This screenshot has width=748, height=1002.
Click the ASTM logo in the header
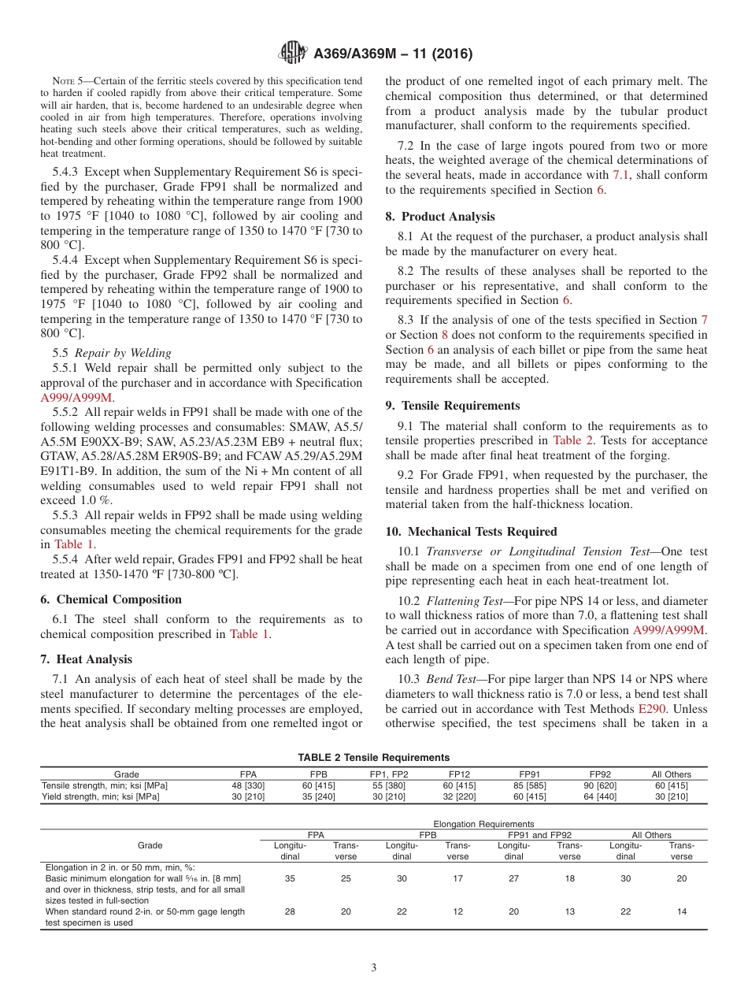click(x=294, y=54)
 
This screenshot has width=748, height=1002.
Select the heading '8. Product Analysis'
click(x=440, y=217)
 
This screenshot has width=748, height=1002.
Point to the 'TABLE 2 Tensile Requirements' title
click(x=373, y=757)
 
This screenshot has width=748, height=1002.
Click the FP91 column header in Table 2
click(x=528, y=774)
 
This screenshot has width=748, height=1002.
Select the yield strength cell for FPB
click(x=319, y=796)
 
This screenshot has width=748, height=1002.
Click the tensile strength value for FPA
click(x=247, y=785)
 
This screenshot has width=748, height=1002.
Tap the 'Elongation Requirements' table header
click(x=483, y=824)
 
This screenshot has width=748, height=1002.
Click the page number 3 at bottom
click(x=374, y=967)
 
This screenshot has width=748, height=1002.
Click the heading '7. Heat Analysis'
click(x=87, y=659)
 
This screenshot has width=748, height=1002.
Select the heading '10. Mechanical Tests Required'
click(x=471, y=532)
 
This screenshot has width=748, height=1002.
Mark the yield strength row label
click(x=101, y=796)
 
